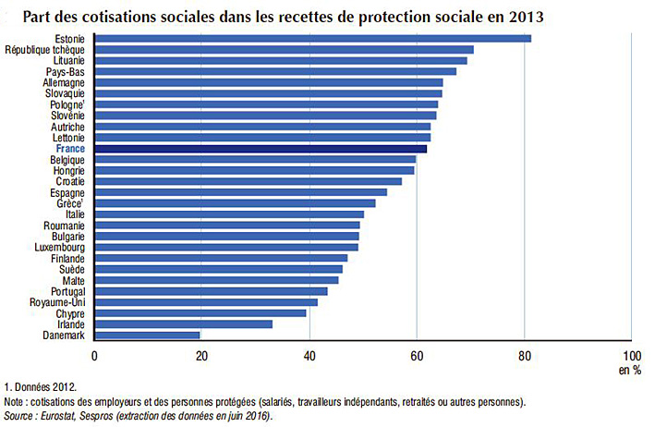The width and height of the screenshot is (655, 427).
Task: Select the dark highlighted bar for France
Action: pos(261,148)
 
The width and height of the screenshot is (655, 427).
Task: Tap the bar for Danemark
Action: pos(147,335)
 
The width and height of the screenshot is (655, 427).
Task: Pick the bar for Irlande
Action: pos(183,323)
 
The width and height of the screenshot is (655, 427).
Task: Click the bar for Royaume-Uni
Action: pos(205,301)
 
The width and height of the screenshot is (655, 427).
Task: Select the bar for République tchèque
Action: pos(284,49)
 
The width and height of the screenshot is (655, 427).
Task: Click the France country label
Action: pos(70,148)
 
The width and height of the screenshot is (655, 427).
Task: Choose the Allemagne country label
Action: pos(64,82)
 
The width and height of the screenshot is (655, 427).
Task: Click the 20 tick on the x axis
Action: pos(201,355)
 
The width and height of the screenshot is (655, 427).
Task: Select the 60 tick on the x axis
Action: pos(417,355)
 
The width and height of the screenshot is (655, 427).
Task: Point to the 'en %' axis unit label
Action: pos(630,370)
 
